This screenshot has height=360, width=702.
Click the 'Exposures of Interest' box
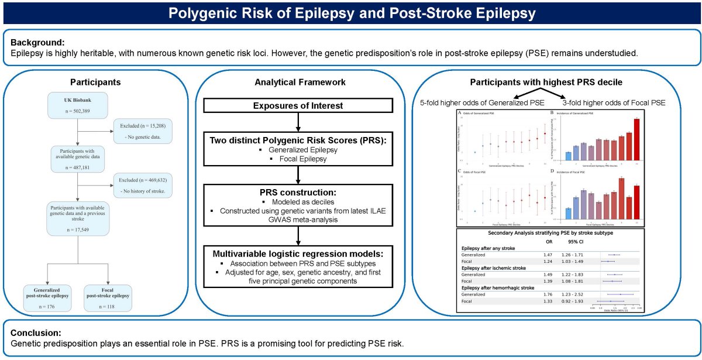[298, 106]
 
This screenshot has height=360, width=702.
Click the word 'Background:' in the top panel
[38, 42]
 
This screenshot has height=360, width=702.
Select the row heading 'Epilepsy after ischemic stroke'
[496, 267]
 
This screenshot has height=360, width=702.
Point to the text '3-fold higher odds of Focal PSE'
[614, 102]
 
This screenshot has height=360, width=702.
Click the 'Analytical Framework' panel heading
[298, 83]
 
